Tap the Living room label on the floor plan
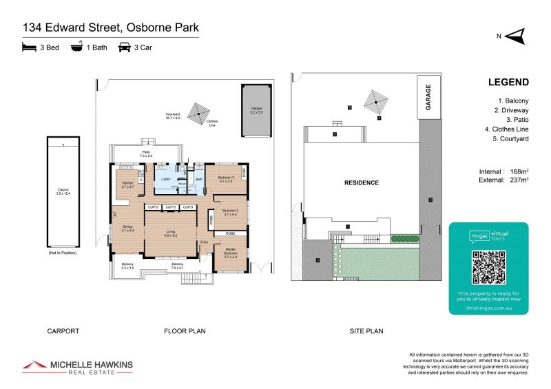click(169, 233)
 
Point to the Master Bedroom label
click(230, 252)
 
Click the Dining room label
click(127, 228)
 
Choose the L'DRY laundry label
click(165, 180)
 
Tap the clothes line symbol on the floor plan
click(199, 111)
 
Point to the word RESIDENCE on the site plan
click(362, 183)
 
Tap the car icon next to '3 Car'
click(124, 48)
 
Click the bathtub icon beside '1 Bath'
click(76, 48)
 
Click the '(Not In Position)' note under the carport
click(62, 254)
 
